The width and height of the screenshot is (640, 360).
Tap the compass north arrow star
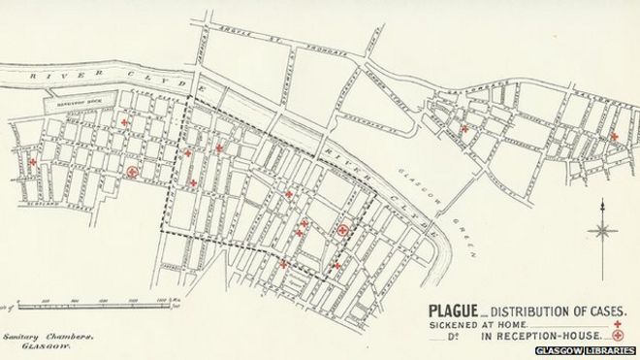(x=603, y=230)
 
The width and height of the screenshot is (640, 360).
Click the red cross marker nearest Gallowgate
(x=464, y=128)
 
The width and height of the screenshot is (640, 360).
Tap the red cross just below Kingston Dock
(x=124, y=122)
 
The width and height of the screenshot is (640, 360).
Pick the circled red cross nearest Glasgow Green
(x=342, y=230)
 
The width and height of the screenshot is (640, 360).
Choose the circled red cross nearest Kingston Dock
(x=132, y=172)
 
